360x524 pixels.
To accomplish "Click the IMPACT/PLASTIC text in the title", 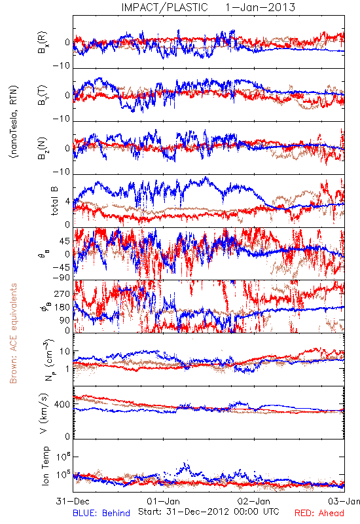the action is coord(165,7).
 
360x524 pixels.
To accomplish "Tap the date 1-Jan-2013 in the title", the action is coord(260,7).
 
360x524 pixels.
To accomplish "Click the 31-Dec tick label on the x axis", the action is coord(73,501).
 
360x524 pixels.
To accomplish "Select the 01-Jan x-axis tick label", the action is coord(163,501).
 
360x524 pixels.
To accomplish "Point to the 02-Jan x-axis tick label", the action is coord(254,501).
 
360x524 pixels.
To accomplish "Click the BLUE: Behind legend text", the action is coord(101,513).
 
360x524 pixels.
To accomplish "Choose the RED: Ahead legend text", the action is coord(319,513).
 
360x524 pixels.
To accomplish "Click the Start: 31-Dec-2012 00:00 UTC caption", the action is coord(209,512).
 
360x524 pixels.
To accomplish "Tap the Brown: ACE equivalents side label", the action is coord(13,333).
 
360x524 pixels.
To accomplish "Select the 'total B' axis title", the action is coord(54,200).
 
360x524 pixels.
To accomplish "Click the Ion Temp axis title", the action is coord(45,466).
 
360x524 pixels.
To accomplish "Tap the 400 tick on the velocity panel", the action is coord(62,404).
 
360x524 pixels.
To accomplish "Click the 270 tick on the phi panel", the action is coord(62,293).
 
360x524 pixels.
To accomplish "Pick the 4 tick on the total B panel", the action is coord(68,202).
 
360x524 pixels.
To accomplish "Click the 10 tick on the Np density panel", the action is coord(65,352).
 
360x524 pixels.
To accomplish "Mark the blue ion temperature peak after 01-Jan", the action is coord(185,464).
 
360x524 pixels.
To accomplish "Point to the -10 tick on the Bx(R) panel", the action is coord(61,65).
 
